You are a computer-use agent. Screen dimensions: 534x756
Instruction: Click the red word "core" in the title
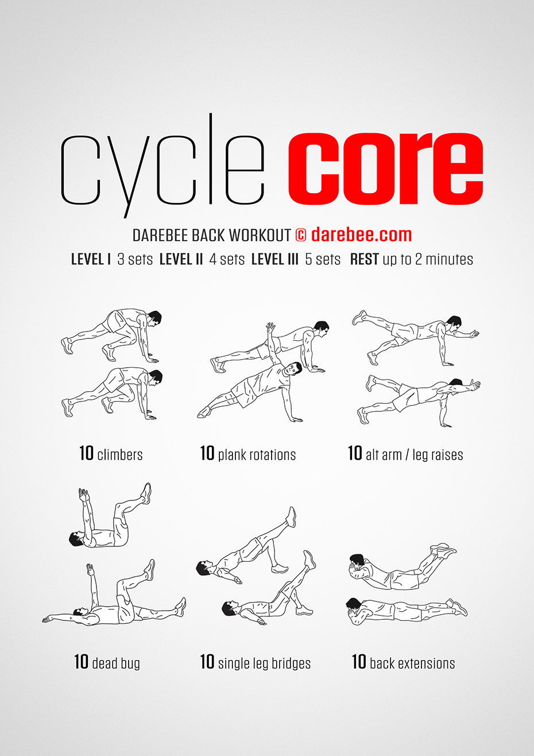click(386, 169)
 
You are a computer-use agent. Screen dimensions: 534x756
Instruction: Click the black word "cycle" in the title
click(162, 166)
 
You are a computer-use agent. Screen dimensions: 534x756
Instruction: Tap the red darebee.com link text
click(361, 234)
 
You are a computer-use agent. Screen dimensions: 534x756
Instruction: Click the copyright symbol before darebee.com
click(300, 235)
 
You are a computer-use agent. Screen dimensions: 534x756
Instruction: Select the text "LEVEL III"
click(275, 259)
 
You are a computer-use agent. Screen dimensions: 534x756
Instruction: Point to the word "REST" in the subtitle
click(364, 259)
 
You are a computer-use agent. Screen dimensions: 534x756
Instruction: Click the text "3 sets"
click(135, 260)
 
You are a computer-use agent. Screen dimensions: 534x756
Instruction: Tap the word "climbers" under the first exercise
click(120, 454)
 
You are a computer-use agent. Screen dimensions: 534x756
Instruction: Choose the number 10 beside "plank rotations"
click(207, 453)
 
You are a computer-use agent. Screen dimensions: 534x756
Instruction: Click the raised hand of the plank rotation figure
click(270, 327)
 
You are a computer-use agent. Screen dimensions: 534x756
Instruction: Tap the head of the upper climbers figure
click(154, 318)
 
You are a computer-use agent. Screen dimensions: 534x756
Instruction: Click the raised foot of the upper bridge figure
click(291, 517)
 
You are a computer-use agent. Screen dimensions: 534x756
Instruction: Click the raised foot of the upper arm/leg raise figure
click(359, 318)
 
